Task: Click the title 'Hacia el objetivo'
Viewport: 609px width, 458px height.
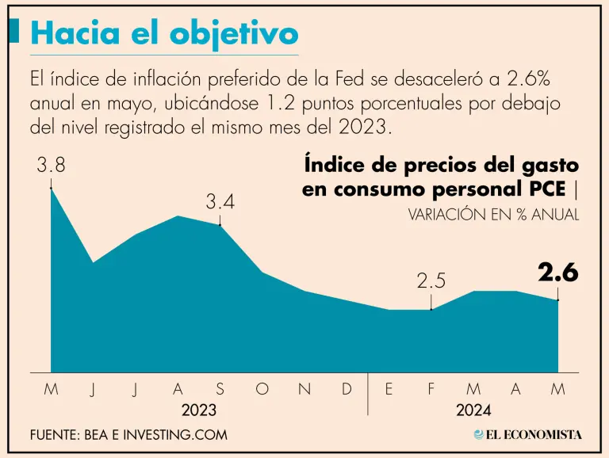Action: [x=164, y=32]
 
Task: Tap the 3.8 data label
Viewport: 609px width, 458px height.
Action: [x=50, y=167]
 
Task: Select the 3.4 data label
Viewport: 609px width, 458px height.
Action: [x=220, y=202]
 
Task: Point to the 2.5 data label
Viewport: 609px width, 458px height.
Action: [x=431, y=280]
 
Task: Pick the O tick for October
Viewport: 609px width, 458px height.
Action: [x=262, y=388]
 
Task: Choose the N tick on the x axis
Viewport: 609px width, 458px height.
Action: [x=304, y=388]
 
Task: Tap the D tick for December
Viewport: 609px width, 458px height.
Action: [x=347, y=388]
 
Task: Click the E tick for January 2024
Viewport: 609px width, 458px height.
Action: [x=389, y=388]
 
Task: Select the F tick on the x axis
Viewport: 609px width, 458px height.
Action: [x=431, y=388]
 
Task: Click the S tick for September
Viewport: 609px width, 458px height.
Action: [x=220, y=388]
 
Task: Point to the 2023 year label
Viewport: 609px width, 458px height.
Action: [x=198, y=410]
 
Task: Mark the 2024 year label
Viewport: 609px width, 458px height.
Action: [x=473, y=410]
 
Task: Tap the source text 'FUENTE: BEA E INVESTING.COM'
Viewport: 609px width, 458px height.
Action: [x=128, y=434]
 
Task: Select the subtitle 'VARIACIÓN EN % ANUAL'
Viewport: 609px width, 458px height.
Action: [x=493, y=214]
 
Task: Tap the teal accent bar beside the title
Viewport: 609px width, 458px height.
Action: [x=13, y=32]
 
